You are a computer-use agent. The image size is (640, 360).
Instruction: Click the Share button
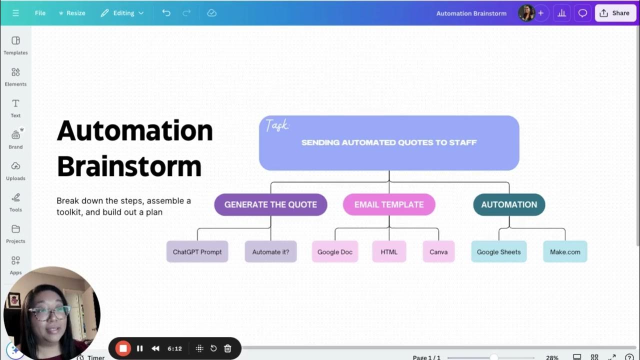point(615,13)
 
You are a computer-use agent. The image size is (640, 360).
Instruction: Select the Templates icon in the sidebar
point(15,40)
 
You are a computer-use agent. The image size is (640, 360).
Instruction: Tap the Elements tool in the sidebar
point(15,72)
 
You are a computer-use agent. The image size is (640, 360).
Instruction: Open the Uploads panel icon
point(15,166)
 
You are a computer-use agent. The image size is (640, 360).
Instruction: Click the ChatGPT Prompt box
point(197,252)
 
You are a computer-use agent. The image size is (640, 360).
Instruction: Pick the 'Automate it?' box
point(270,252)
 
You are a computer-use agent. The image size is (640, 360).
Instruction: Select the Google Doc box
point(335,252)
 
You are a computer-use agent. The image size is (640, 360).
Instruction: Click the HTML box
point(389,252)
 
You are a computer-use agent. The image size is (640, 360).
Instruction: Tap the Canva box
point(438,252)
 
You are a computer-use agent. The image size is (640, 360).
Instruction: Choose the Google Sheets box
point(498,252)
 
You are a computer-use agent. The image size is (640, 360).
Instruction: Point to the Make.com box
point(565,252)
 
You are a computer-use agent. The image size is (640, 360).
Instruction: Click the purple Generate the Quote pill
point(270,204)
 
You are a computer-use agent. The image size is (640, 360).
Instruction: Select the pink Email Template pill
point(389,204)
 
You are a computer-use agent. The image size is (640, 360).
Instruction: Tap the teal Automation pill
point(509,204)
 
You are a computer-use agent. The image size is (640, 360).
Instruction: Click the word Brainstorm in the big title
point(129,166)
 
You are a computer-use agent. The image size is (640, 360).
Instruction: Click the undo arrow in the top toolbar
point(166,13)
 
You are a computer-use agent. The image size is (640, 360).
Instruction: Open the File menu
point(40,13)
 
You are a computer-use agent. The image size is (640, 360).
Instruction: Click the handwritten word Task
point(277,125)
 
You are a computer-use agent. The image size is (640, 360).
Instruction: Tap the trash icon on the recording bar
point(227,348)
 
